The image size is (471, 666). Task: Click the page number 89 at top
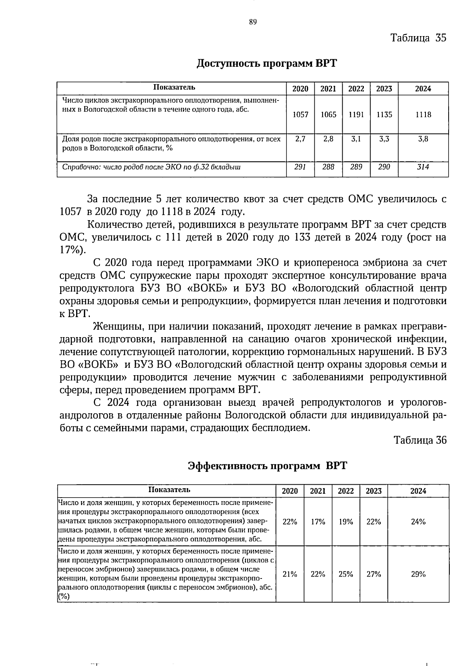point(253,22)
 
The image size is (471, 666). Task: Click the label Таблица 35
point(418,38)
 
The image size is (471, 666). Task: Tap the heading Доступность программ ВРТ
point(267,64)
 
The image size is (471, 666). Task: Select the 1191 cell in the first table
point(356,115)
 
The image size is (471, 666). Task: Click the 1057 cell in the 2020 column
point(300,115)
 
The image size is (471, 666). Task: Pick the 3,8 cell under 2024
point(423,139)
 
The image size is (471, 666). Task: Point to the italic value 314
point(423,167)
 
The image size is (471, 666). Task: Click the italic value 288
point(328,167)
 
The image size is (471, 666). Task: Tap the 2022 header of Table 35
point(356,89)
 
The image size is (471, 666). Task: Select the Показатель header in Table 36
point(169,490)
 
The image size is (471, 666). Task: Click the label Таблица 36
point(420,440)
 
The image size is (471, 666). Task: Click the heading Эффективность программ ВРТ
point(268,466)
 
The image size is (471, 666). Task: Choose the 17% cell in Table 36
point(318,522)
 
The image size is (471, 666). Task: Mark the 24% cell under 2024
point(418,522)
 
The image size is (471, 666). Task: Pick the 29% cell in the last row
point(418,574)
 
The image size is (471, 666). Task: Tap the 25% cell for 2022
point(346,574)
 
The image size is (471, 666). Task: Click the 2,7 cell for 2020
point(300,139)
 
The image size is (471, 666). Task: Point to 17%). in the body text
point(72,250)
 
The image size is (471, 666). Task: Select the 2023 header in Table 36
point(374,491)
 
